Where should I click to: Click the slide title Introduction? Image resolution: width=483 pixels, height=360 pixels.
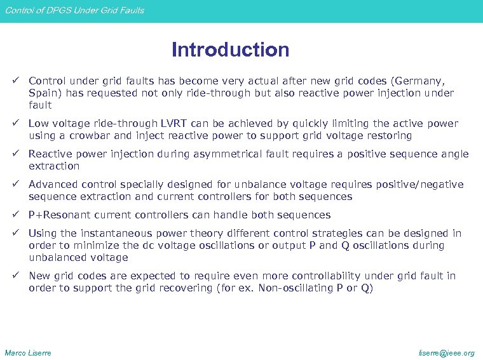point(230,50)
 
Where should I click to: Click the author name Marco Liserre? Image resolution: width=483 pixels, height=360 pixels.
point(28,352)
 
